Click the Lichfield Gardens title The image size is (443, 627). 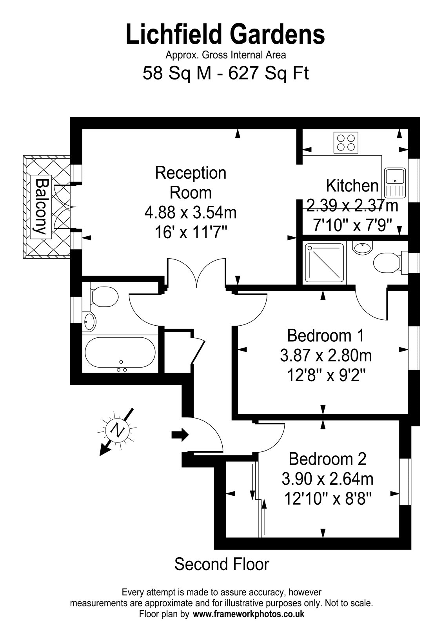click(225, 34)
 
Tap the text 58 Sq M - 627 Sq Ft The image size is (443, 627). click(226, 74)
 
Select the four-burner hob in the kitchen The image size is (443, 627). click(346, 143)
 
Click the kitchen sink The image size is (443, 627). click(395, 183)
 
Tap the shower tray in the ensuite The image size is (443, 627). click(324, 263)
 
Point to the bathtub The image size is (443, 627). click(120, 352)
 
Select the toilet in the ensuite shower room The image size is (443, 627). click(389, 262)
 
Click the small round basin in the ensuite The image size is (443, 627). click(362, 247)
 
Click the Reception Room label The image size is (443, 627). click(191, 183)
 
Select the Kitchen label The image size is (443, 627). click(352, 186)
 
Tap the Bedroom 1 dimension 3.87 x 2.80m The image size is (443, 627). click(326, 356)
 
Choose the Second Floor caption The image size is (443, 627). click(222, 564)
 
